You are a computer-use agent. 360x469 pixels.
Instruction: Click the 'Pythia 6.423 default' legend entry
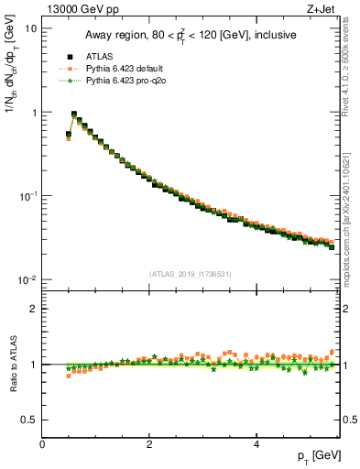[x=120, y=67]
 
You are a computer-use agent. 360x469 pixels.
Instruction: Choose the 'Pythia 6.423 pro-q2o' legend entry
[x=120, y=79]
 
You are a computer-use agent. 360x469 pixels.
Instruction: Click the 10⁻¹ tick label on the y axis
[x=28, y=196]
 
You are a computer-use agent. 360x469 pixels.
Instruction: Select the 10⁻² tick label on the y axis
[x=28, y=280]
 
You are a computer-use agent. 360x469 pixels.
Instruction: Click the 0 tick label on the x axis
[x=42, y=444]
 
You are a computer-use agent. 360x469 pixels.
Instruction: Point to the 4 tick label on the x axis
[x=256, y=444]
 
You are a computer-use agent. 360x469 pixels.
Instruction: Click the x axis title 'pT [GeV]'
[x=312, y=456]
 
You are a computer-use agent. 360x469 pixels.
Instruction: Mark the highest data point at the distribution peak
[x=74, y=115]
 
